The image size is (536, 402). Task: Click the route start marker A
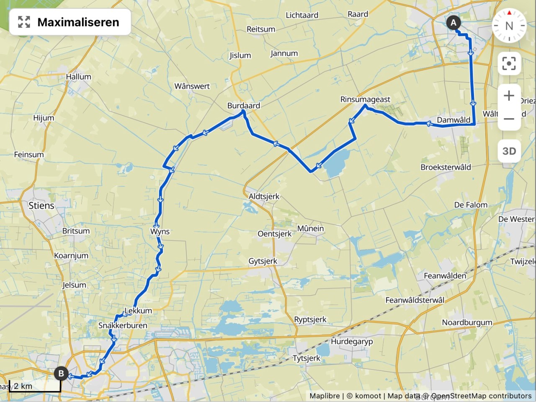coord(453,22)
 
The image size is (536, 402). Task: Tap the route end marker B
coord(61,373)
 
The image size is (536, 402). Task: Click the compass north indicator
coord(509,26)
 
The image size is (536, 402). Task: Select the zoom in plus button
coord(509,96)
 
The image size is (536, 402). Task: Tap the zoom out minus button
coord(509,119)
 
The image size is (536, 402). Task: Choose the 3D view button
coord(509,151)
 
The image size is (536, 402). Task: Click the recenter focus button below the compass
coord(509,64)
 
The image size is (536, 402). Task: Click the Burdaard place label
coord(244,106)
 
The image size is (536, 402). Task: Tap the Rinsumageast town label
coord(365,99)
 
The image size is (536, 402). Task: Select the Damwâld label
coord(454,120)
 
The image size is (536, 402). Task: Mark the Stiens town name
coord(41,205)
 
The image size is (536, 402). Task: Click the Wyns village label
coord(160,231)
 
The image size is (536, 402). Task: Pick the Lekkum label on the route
coord(138,311)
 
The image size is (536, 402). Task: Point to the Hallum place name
coord(78,77)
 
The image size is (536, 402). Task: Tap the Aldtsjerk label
coord(264,196)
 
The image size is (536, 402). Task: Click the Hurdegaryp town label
coord(352,341)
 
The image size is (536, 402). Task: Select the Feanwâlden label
coord(445,275)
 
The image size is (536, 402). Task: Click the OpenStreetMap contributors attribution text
coord(481,396)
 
